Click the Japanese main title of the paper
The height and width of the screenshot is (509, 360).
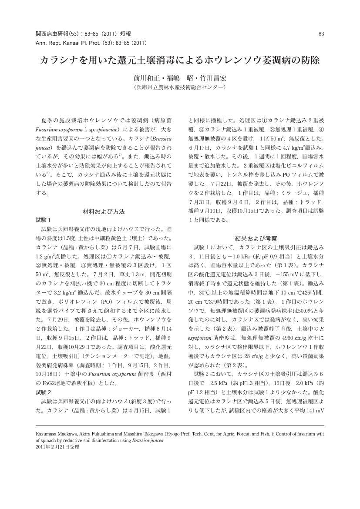point(180,60)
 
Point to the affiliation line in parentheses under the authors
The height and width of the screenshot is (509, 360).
point(180,88)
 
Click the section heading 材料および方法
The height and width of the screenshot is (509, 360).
point(104,211)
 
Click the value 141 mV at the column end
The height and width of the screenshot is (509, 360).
point(314,410)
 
